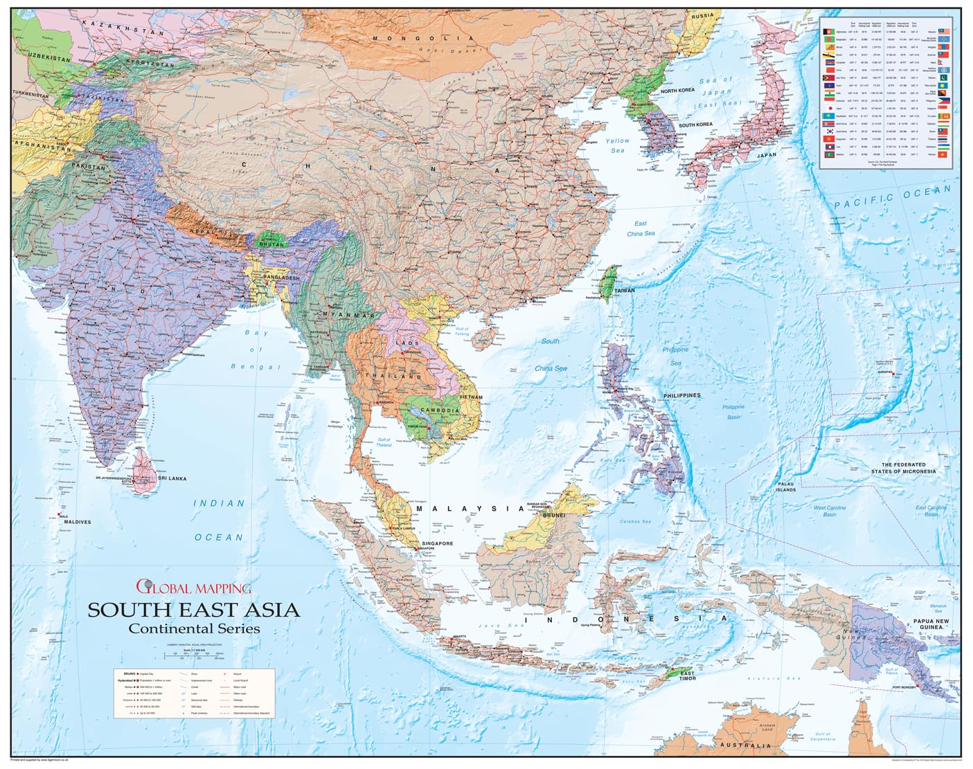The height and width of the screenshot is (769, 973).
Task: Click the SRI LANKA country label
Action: pyautogui.click(x=172, y=478)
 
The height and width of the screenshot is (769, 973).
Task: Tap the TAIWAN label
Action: pyautogui.click(x=624, y=291)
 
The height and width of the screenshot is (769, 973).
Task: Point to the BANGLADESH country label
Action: pyautogui.click(x=281, y=278)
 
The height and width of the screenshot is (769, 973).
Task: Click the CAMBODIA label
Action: pyautogui.click(x=440, y=410)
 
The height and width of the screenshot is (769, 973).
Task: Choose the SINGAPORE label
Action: pyautogui.click(x=438, y=543)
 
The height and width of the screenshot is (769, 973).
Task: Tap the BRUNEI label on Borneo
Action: pyautogui.click(x=554, y=515)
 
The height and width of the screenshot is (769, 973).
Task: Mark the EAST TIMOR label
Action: pyautogui.click(x=687, y=676)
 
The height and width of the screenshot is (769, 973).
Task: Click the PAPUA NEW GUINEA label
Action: pyautogui.click(x=931, y=624)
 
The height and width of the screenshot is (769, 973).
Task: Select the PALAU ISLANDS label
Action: pyautogui.click(x=785, y=487)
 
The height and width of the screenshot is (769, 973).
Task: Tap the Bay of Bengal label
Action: pyautogui.click(x=258, y=350)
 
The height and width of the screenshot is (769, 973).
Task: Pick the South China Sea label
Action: pyautogui.click(x=551, y=354)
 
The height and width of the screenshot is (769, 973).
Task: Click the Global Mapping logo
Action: pyautogui.click(x=193, y=588)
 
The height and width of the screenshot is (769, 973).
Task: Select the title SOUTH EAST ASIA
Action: pyautogui.click(x=193, y=610)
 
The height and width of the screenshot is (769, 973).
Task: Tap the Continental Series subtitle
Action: pyautogui.click(x=194, y=628)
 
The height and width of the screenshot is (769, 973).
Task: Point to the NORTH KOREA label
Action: pyautogui.click(x=677, y=91)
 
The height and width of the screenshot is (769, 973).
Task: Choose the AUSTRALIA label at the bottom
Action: pyautogui.click(x=744, y=745)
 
